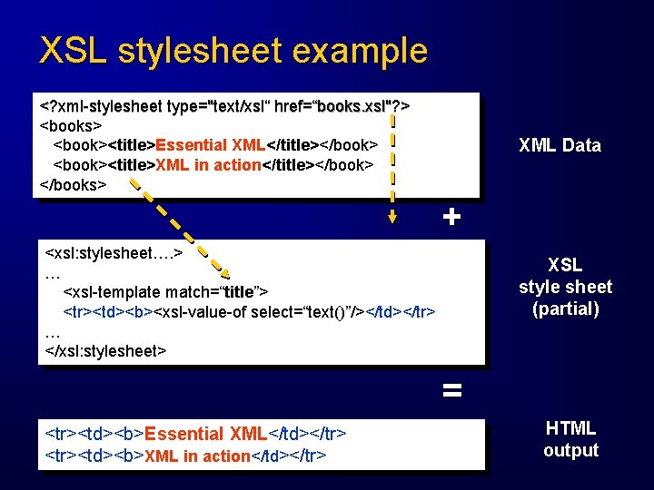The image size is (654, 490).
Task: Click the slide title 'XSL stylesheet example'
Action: pyautogui.click(x=233, y=50)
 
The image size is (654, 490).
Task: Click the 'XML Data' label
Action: pyautogui.click(x=559, y=145)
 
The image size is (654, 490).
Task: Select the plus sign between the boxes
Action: pyautogui.click(x=451, y=217)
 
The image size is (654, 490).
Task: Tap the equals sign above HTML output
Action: pyautogui.click(x=451, y=391)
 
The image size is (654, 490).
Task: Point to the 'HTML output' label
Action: pyautogui.click(x=570, y=439)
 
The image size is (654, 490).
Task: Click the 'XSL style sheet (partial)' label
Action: pyautogui.click(x=565, y=287)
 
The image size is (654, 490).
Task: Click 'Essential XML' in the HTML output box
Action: pyautogui.click(x=197, y=434)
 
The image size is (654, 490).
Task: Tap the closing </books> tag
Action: pyautogui.click(x=74, y=184)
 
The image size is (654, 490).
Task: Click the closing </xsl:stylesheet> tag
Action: pyautogui.click(x=106, y=350)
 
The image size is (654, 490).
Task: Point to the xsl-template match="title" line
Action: pyautogui.click(x=164, y=291)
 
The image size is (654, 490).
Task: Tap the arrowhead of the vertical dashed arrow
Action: pyautogui.click(x=391, y=217)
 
